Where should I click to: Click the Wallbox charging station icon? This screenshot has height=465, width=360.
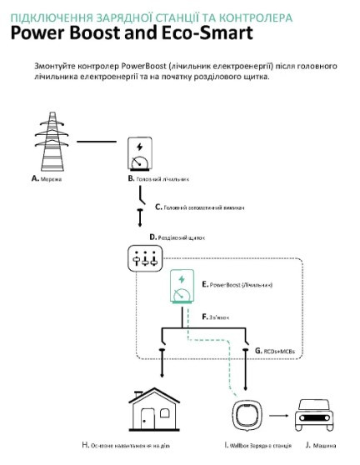click(247, 415)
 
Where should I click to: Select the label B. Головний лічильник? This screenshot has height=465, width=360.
click(158, 179)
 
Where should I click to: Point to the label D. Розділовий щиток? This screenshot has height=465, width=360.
click(176, 237)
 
